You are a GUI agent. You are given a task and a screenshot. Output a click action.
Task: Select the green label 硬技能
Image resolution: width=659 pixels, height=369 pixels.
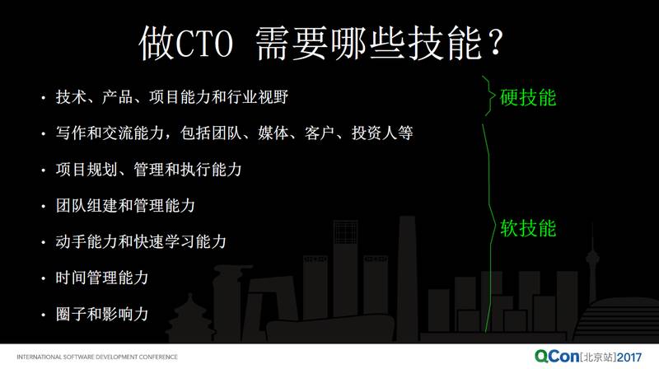tap(528, 97)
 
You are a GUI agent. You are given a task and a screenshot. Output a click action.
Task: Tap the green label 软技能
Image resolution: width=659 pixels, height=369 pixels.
tap(528, 227)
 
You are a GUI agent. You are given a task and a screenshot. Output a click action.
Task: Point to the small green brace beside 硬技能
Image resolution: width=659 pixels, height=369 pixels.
tap(488, 97)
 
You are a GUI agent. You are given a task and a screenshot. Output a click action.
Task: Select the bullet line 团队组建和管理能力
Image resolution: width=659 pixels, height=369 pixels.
tap(125, 205)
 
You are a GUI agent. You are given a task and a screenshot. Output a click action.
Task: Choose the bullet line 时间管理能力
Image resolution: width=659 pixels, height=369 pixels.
tap(102, 278)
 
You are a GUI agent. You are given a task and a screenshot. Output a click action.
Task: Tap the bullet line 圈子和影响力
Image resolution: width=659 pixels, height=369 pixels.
tap(102, 313)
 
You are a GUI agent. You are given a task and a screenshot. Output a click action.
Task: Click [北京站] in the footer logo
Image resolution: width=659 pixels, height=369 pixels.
tap(599, 357)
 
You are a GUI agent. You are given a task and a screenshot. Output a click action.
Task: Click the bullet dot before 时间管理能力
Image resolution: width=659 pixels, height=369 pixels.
tap(44, 278)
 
